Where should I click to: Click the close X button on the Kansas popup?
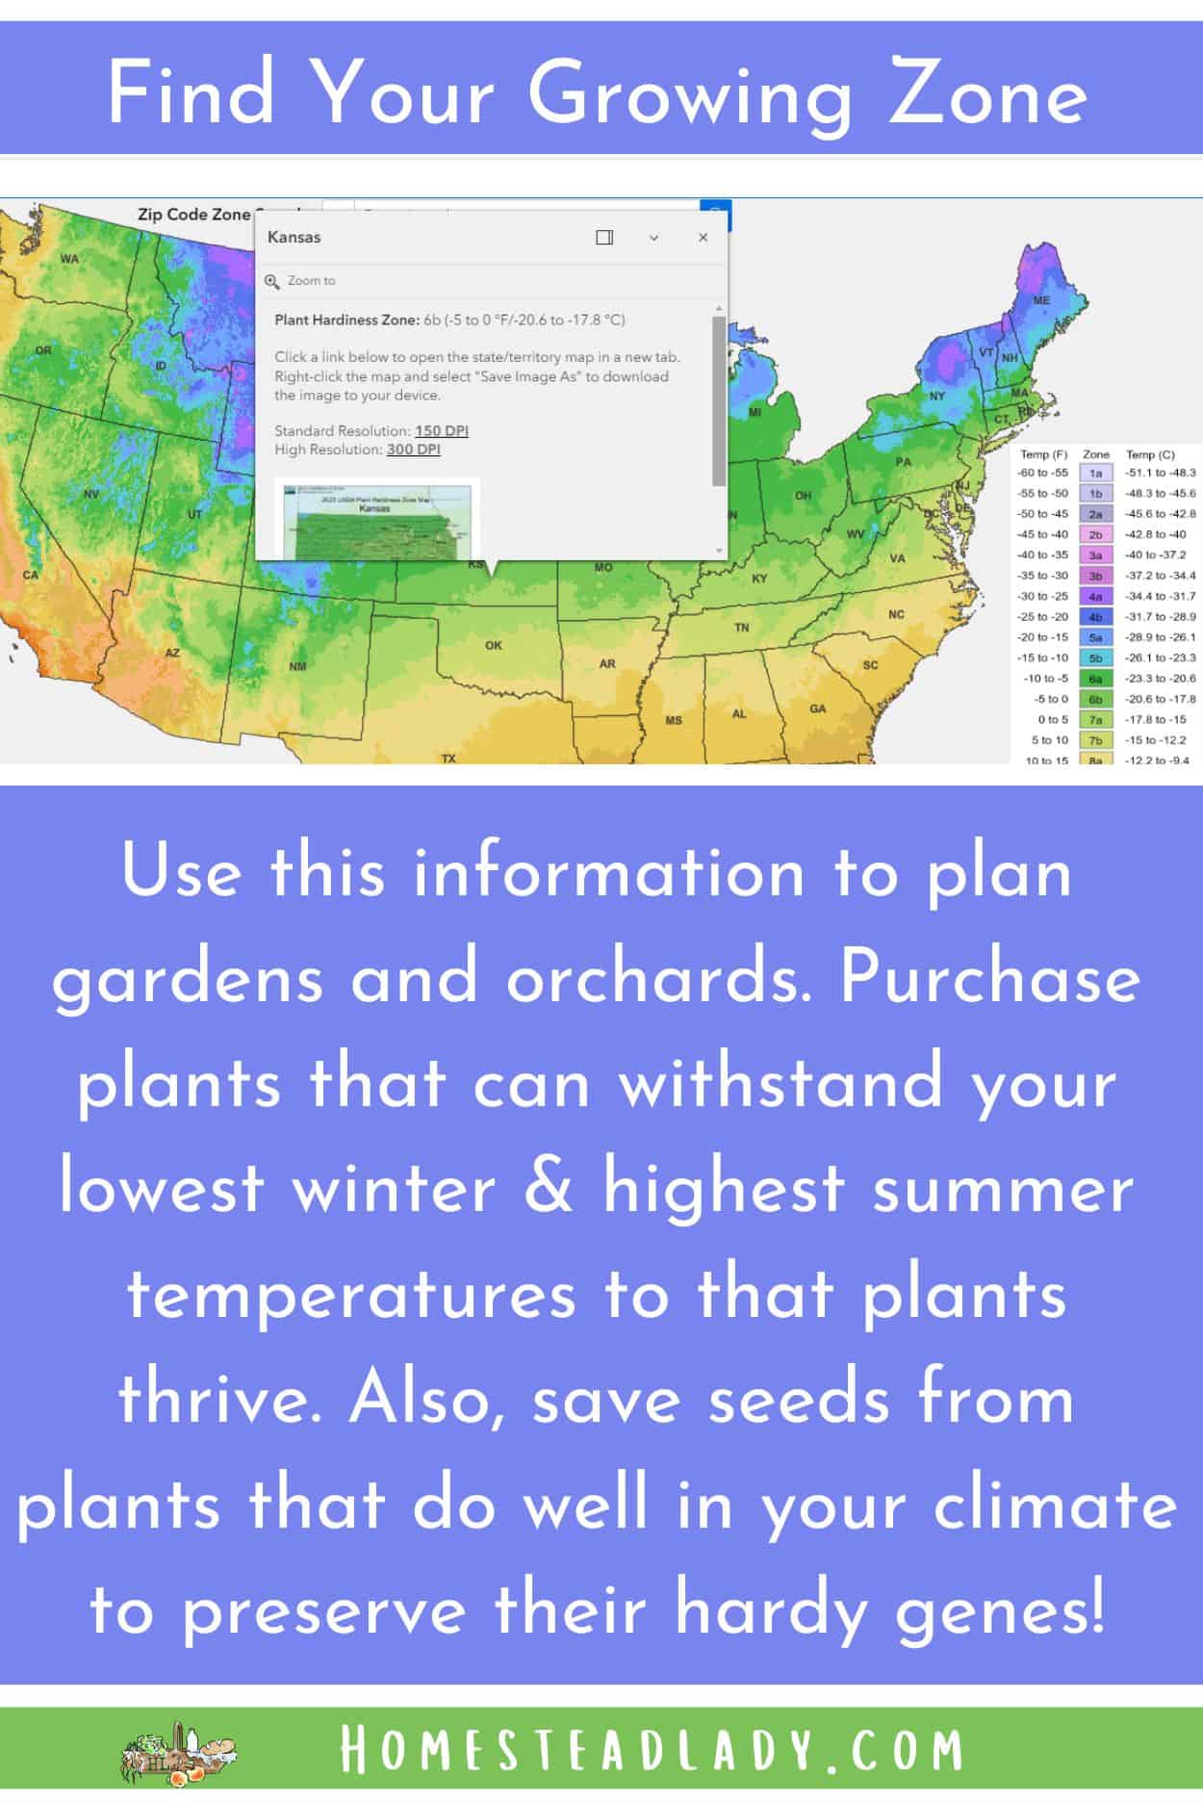pos(703,237)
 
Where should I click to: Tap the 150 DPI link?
pos(441,430)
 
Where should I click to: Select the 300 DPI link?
pos(413,450)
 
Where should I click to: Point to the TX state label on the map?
pos(448,758)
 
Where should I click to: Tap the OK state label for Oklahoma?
pos(494,645)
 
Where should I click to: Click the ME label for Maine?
pos(1041,300)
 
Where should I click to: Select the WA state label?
pos(69,258)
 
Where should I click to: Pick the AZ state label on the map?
pos(172,653)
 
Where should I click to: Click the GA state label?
pos(818,709)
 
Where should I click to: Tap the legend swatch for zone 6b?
pos(1095,699)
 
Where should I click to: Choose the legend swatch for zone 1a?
pos(1095,473)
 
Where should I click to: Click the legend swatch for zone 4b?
pos(1095,617)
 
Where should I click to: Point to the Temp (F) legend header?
pos(1043,453)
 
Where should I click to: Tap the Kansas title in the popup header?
pos(294,237)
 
